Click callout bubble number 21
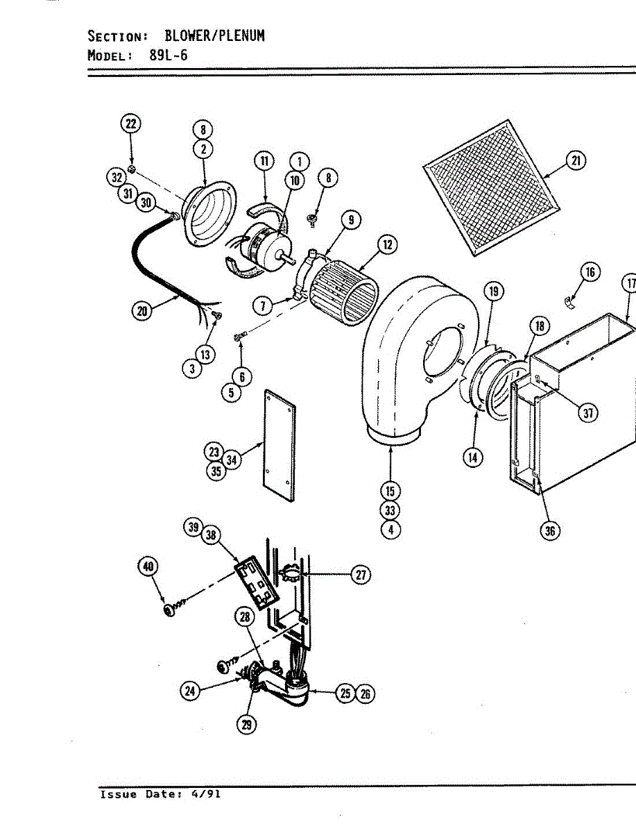pyautogui.click(x=575, y=161)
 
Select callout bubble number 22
pyautogui.click(x=130, y=124)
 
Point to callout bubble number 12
pyautogui.click(x=387, y=244)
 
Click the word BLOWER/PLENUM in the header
pyautogui.click(x=214, y=35)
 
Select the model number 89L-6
pyautogui.click(x=169, y=55)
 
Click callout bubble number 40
pyautogui.click(x=147, y=567)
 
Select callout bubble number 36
pyautogui.click(x=550, y=530)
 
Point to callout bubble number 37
pyautogui.click(x=588, y=412)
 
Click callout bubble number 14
pyautogui.click(x=474, y=457)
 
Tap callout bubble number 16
pyautogui.click(x=590, y=271)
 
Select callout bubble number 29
pyautogui.click(x=247, y=724)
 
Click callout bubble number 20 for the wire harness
pyautogui.click(x=142, y=310)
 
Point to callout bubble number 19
pyautogui.click(x=494, y=291)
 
